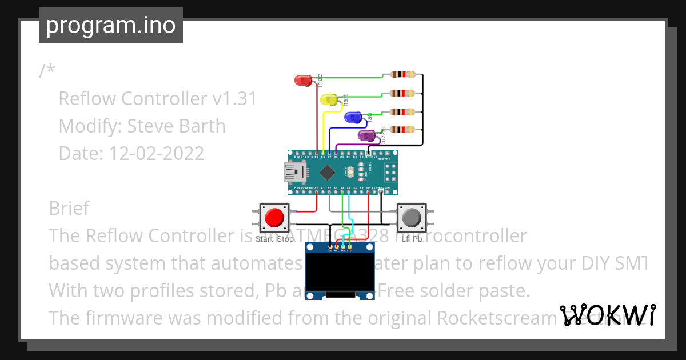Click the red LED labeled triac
[303, 81]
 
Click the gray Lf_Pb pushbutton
[412, 218]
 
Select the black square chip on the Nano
[327, 171]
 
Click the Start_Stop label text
[275, 239]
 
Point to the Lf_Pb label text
[412, 239]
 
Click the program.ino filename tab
[111, 25]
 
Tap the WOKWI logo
[607, 315]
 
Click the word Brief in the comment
[69, 208]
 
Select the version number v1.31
[234, 99]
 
